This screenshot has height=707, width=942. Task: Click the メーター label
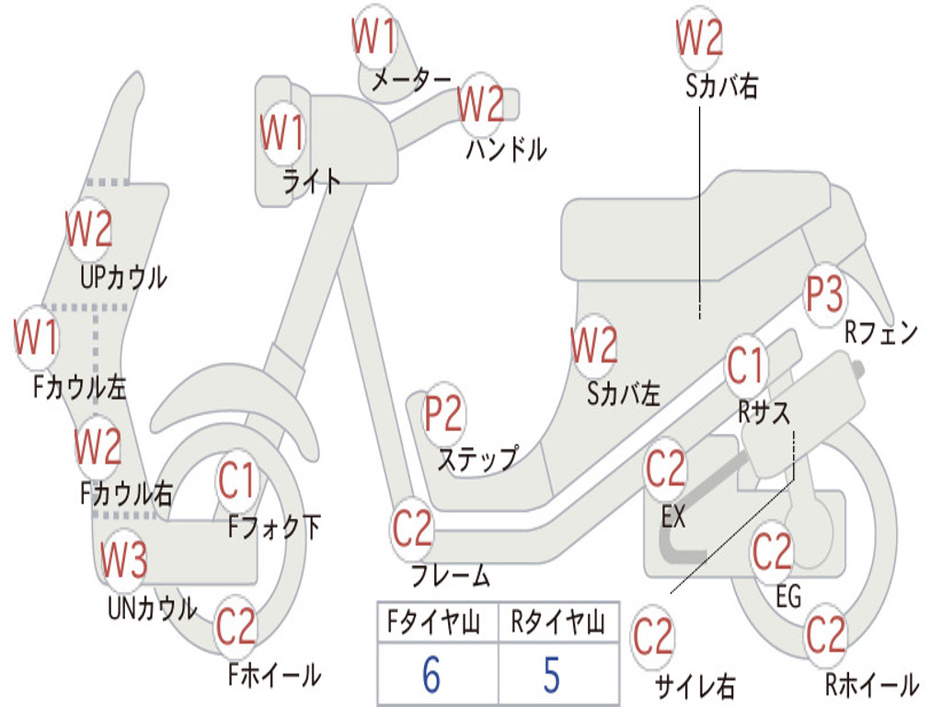coord(410,81)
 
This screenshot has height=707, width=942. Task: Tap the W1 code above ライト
coord(281,133)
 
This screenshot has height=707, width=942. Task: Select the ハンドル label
coord(506,148)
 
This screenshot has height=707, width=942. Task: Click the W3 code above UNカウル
coord(123,560)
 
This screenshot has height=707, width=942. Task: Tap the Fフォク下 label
coord(274,527)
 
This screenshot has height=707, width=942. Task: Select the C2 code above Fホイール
coord(235,627)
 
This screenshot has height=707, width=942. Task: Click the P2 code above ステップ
coord(443,415)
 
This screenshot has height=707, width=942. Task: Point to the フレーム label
coord(450,576)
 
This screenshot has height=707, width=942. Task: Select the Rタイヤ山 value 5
coord(551,676)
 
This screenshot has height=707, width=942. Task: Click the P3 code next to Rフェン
coord(824,295)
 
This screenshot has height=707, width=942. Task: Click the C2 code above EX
coord(665,469)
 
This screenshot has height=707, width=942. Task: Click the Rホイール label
coord(870,684)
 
